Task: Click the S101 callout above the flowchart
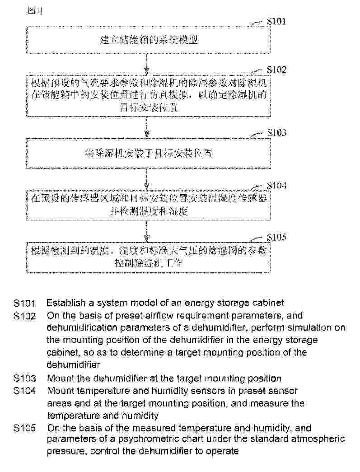point(276,22)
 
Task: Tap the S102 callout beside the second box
point(276,70)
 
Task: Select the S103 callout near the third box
point(276,133)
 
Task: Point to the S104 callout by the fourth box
point(276,186)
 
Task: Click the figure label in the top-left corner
point(34,12)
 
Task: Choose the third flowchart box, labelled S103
point(149,153)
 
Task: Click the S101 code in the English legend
point(24,303)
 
